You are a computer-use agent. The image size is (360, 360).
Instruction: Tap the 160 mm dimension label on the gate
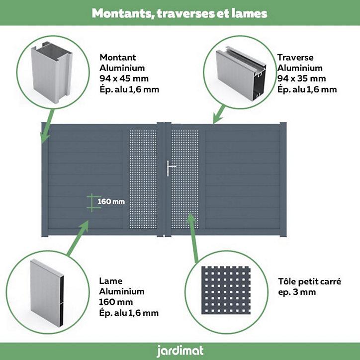[x=111, y=201]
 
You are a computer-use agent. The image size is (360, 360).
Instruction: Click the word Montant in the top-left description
[x=118, y=57]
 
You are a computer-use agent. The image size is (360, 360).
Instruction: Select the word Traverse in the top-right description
[x=295, y=57]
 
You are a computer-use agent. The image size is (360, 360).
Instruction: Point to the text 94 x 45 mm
[x=124, y=79]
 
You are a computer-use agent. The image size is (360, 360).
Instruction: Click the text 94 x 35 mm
[x=301, y=79]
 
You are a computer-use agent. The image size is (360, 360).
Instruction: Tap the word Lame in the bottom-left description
[x=111, y=281]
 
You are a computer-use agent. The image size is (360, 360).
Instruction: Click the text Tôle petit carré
[x=309, y=281]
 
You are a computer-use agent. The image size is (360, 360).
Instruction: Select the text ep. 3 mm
[x=297, y=292]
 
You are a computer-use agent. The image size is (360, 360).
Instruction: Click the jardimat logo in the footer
[x=180, y=351]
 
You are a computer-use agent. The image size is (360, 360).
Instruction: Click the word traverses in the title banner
[x=186, y=13]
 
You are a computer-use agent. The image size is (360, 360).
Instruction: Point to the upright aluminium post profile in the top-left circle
[x=52, y=72]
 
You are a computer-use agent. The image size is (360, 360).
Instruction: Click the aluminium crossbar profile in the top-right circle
[x=241, y=73]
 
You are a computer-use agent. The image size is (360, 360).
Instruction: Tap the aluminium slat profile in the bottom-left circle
[x=47, y=292]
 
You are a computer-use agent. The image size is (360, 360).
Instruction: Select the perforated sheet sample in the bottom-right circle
[x=226, y=290]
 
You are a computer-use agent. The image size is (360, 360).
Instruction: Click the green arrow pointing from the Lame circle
[x=78, y=238]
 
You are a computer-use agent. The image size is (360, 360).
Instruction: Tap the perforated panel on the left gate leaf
[x=143, y=180]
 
